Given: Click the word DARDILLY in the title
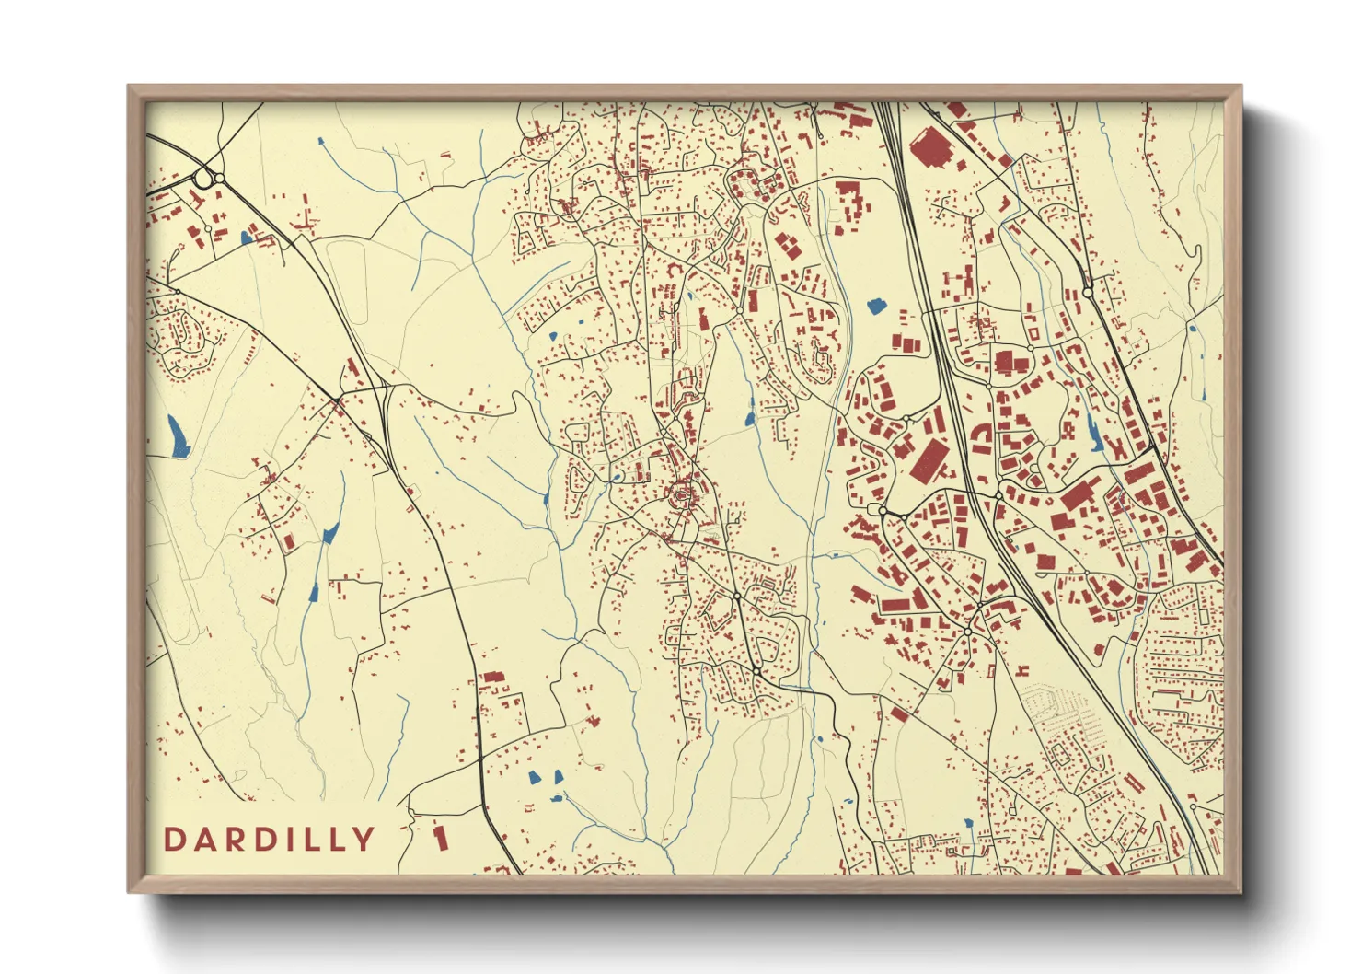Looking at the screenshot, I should click(x=270, y=839).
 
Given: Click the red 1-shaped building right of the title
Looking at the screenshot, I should click(x=441, y=837).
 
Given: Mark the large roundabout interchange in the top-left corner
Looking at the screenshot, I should click(x=206, y=177).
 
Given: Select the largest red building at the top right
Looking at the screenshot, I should click(x=931, y=147).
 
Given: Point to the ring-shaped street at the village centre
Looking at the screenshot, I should click(x=682, y=497).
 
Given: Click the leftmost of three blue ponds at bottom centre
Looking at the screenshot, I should click(x=535, y=778).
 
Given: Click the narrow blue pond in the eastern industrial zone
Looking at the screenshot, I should click(x=1094, y=431).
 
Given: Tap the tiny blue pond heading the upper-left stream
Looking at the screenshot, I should click(x=320, y=142).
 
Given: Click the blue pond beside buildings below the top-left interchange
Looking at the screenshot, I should click(x=246, y=237).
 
